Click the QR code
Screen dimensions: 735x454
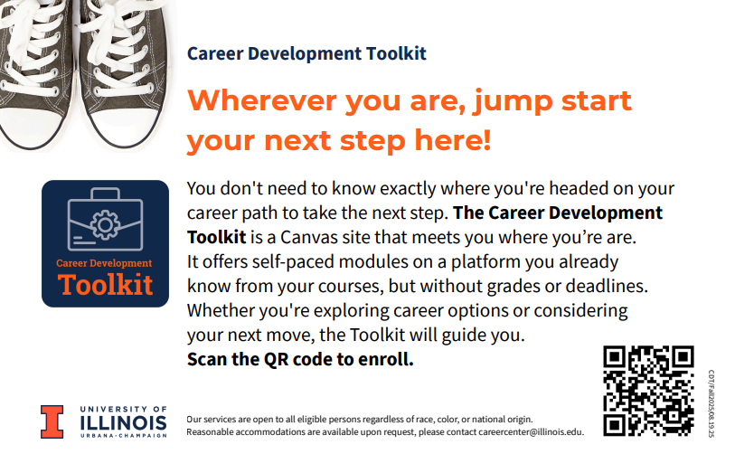click(648, 391)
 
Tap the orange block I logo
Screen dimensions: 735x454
click(52, 421)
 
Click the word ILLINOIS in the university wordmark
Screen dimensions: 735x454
click(123, 423)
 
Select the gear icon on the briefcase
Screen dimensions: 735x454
click(105, 225)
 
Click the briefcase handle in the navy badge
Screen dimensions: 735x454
click(106, 194)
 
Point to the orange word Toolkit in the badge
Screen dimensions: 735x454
click(106, 285)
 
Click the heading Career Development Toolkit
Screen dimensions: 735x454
click(306, 54)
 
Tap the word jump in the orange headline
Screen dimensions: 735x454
click(513, 103)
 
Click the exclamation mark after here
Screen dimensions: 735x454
click(486, 139)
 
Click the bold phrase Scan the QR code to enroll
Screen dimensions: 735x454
click(300, 359)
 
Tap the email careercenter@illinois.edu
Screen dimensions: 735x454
click(530, 432)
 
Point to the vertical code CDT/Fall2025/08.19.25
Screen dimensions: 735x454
click(711, 403)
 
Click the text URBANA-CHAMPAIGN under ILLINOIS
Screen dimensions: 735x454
click(123, 436)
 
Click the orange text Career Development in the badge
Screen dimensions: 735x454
click(104, 263)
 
